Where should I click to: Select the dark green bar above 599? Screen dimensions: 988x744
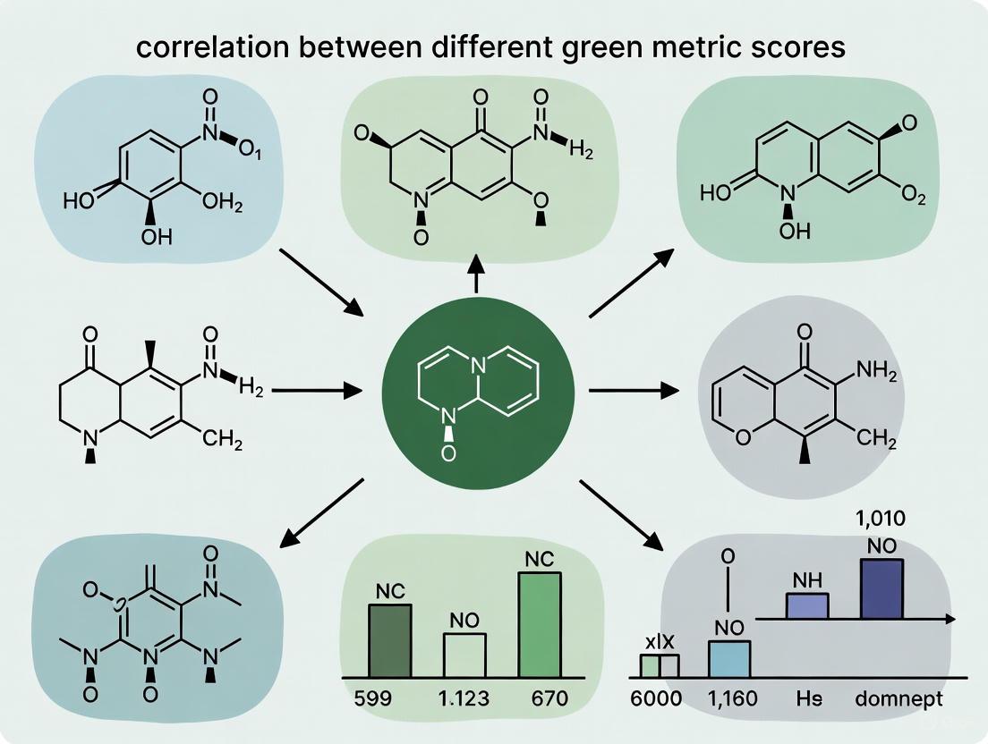pyautogui.click(x=390, y=639)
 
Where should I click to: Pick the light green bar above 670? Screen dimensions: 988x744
pyautogui.click(x=540, y=623)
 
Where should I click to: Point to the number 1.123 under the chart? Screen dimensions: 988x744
pyautogui.click(x=464, y=698)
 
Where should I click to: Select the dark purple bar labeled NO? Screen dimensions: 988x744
pyautogui.click(x=882, y=588)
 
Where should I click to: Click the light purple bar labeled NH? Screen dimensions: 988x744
pyautogui.click(x=807, y=605)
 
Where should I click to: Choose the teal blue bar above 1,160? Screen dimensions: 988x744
pyautogui.click(x=729, y=657)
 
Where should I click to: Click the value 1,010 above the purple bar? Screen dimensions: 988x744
pyautogui.click(x=881, y=518)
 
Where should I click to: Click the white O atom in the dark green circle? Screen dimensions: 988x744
pyautogui.click(x=447, y=454)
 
